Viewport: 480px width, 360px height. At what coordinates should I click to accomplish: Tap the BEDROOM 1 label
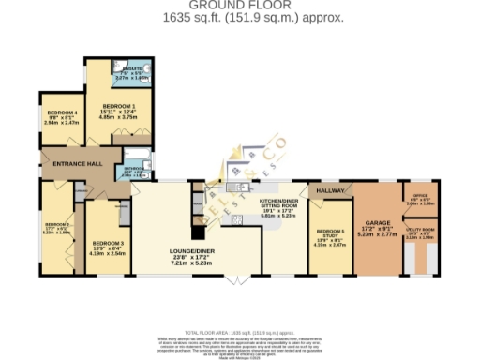[x=119, y=106]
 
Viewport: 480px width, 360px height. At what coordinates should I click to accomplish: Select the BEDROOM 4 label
[x=61, y=112]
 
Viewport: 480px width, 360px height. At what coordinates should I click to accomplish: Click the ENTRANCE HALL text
[x=78, y=163]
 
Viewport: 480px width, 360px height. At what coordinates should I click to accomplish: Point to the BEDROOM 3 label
[x=109, y=241]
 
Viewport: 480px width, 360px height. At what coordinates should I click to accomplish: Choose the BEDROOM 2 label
[x=56, y=225]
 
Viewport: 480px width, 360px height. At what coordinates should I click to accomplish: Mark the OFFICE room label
[x=420, y=195]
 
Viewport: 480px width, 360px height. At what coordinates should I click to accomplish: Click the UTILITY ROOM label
[x=420, y=229]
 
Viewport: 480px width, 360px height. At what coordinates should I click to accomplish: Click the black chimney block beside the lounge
[x=199, y=230]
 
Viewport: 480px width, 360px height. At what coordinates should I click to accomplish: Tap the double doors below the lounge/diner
[x=241, y=280]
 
